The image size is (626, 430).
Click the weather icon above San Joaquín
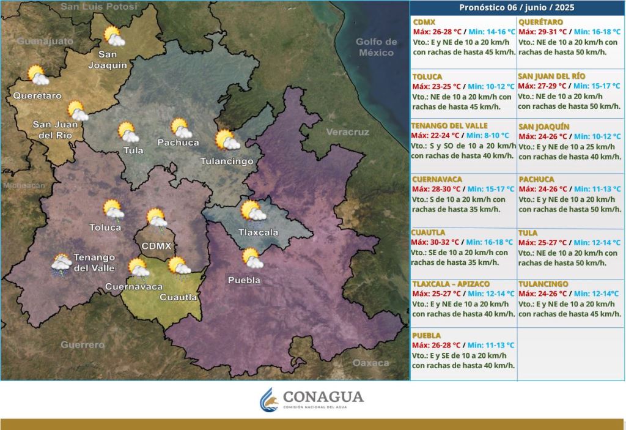point(114,36)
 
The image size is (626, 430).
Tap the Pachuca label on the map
point(178,143)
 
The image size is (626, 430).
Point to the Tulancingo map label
point(227,161)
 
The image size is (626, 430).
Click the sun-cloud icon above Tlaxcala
point(252,211)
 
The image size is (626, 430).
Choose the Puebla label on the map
point(244,280)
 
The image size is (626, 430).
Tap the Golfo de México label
point(377,47)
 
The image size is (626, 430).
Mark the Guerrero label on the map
point(83,345)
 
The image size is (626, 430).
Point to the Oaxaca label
point(370,363)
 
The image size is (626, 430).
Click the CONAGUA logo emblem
point(269,399)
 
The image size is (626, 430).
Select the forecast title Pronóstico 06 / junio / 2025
point(517,8)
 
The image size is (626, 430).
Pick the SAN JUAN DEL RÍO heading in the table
point(552,76)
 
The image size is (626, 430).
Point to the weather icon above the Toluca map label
point(114,209)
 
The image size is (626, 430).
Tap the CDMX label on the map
point(156,246)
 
